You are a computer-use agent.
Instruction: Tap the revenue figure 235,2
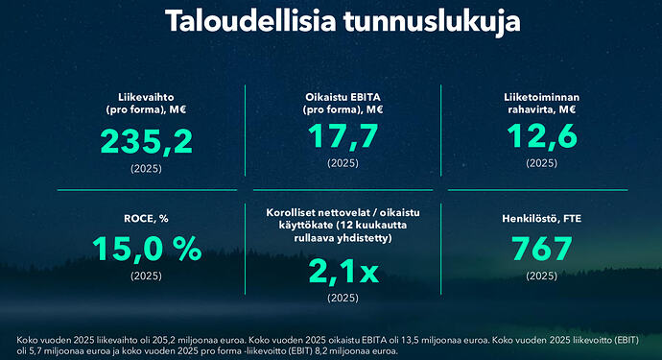146,142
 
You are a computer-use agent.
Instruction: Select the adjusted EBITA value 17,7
343,137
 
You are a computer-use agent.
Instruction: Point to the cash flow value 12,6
542,137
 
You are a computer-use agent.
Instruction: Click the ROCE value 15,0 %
147,249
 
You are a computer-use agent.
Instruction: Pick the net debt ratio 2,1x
343,271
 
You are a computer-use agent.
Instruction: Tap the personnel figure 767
542,249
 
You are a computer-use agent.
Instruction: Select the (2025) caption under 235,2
147,168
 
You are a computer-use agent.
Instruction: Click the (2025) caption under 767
542,276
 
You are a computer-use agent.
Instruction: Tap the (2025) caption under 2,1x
343,299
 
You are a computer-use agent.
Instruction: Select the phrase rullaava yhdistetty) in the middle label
343,237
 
